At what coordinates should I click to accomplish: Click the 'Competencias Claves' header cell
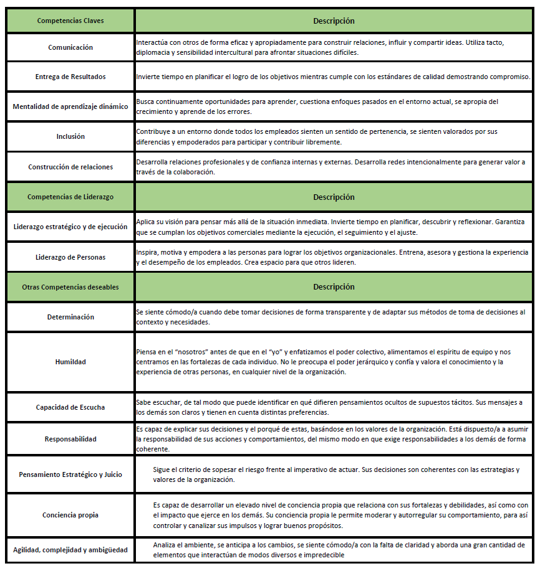click(70, 21)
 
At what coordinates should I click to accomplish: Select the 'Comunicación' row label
click(70, 47)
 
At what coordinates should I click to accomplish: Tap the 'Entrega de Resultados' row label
click(70, 77)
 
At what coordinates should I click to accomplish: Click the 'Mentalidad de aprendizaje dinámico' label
click(70, 106)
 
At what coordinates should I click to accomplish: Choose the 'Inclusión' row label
click(70, 136)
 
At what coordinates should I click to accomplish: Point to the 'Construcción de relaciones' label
click(70, 167)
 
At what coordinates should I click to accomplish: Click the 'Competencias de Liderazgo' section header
click(70, 197)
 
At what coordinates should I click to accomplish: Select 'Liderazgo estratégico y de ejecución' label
click(70, 227)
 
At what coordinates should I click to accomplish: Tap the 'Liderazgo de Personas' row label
click(70, 257)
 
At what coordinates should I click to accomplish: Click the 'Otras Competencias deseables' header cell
click(70, 287)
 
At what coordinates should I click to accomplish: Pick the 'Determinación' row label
click(70, 317)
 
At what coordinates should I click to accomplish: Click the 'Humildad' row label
click(70, 362)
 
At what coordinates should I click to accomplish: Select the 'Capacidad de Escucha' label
click(70, 407)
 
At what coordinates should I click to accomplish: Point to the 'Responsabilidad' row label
click(70, 439)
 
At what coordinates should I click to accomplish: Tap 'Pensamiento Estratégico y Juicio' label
click(70, 474)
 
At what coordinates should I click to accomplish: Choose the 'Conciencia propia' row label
click(70, 515)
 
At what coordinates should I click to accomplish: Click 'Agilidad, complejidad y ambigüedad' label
click(70, 550)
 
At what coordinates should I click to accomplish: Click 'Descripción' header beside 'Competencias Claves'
click(334, 21)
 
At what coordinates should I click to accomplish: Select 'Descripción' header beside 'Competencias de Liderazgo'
click(334, 197)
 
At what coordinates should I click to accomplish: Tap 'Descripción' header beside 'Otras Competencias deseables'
click(334, 287)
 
